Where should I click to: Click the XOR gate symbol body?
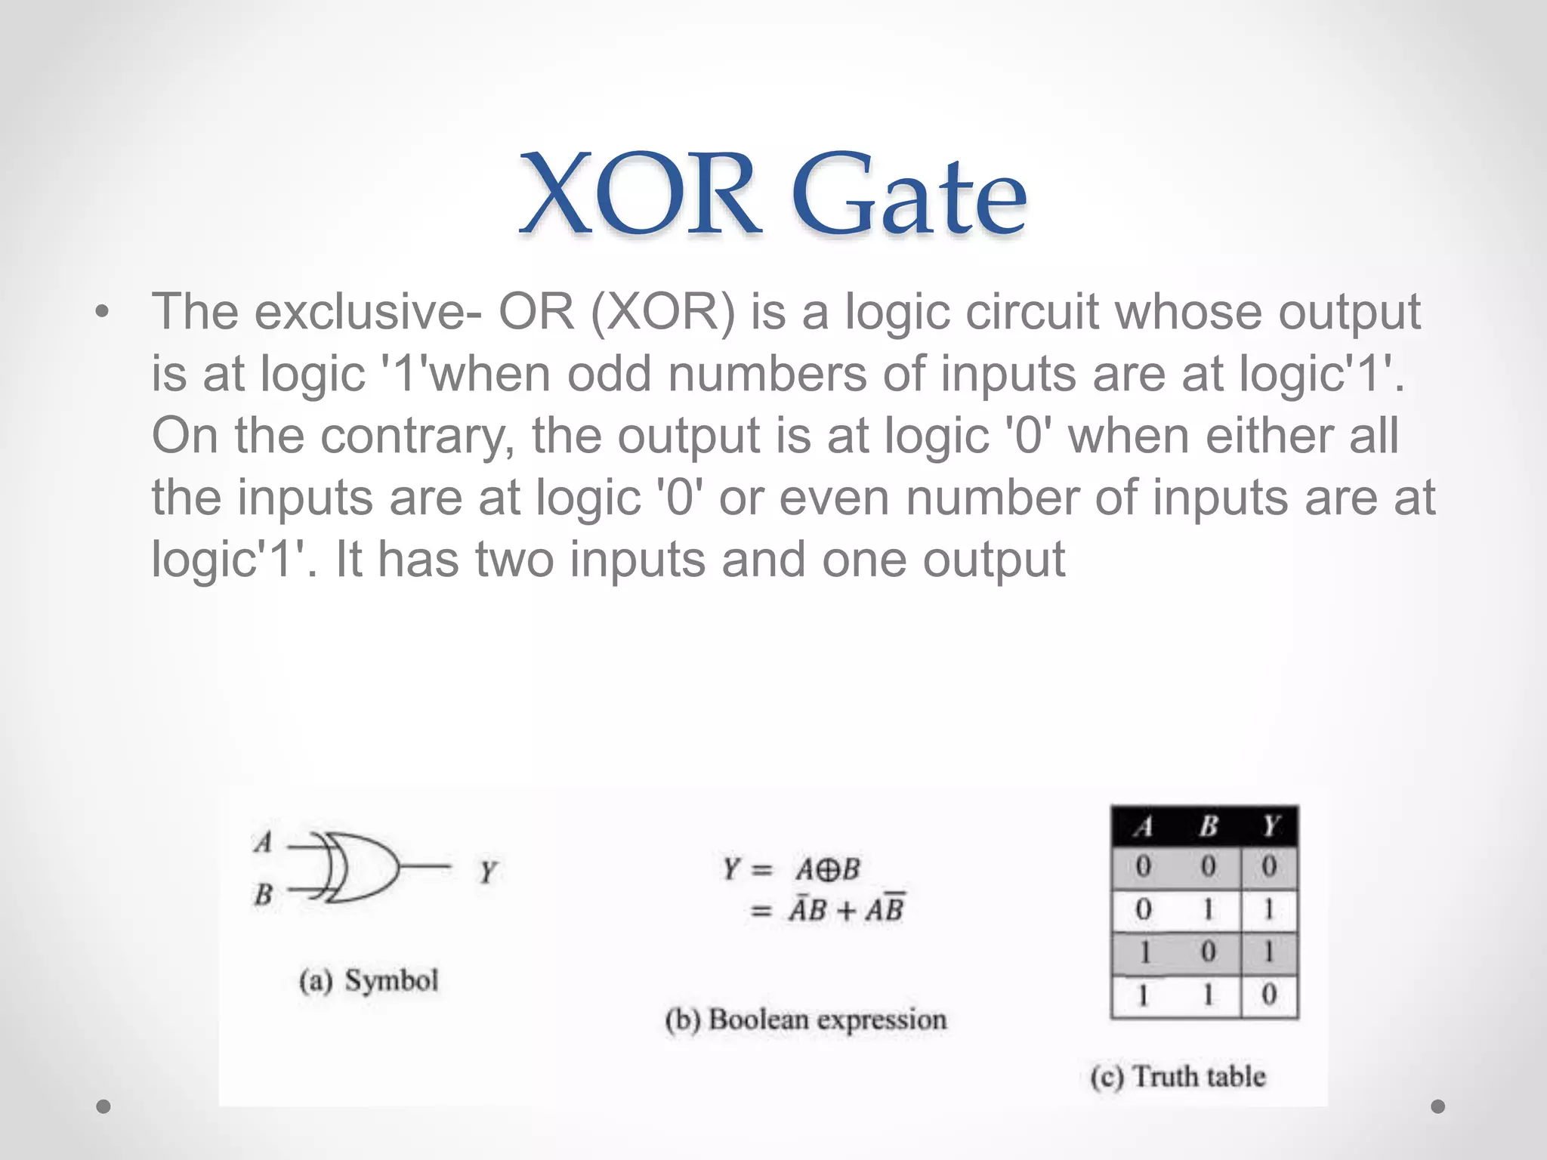coord(363,868)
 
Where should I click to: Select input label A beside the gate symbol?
coord(263,841)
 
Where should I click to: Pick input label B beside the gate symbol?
coord(263,895)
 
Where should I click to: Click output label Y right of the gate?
coord(487,872)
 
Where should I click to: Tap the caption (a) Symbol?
coord(368,981)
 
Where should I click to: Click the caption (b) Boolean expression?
coord(805,1020)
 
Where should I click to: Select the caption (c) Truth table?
coord(1178,1076)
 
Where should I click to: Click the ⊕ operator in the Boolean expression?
coord(828,870)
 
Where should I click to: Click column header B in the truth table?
coord(1208,826)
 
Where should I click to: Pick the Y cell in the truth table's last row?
coord(1269,995)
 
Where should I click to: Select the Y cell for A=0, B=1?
coord(1269,909)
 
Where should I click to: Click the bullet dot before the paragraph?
coord(103,313)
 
